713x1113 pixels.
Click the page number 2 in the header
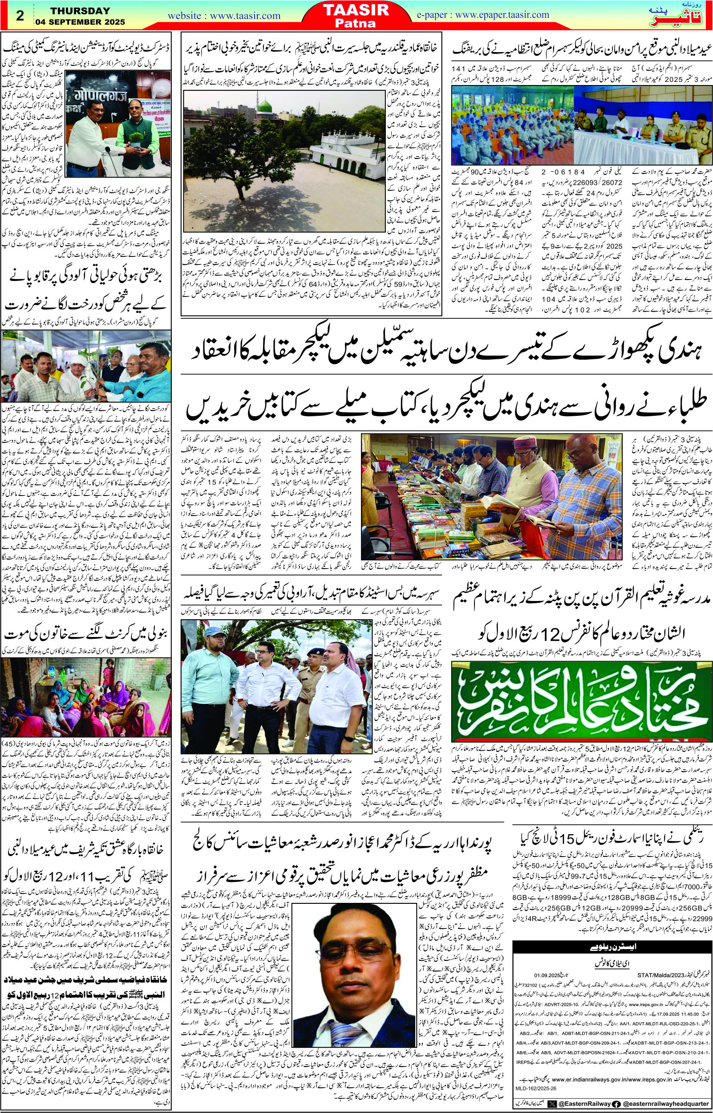(x=20, y=15)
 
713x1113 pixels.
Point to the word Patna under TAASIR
(x=356, y=23)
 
